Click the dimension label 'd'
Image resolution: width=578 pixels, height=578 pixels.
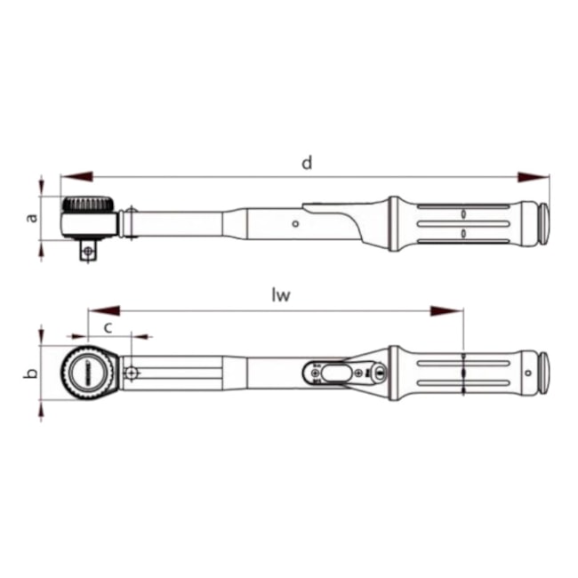point(306,163)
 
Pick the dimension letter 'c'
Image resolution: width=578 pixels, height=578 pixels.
point(108,326)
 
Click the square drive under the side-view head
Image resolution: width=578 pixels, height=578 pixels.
point(87,251)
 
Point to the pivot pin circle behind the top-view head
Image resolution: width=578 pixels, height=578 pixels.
point(131,373)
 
